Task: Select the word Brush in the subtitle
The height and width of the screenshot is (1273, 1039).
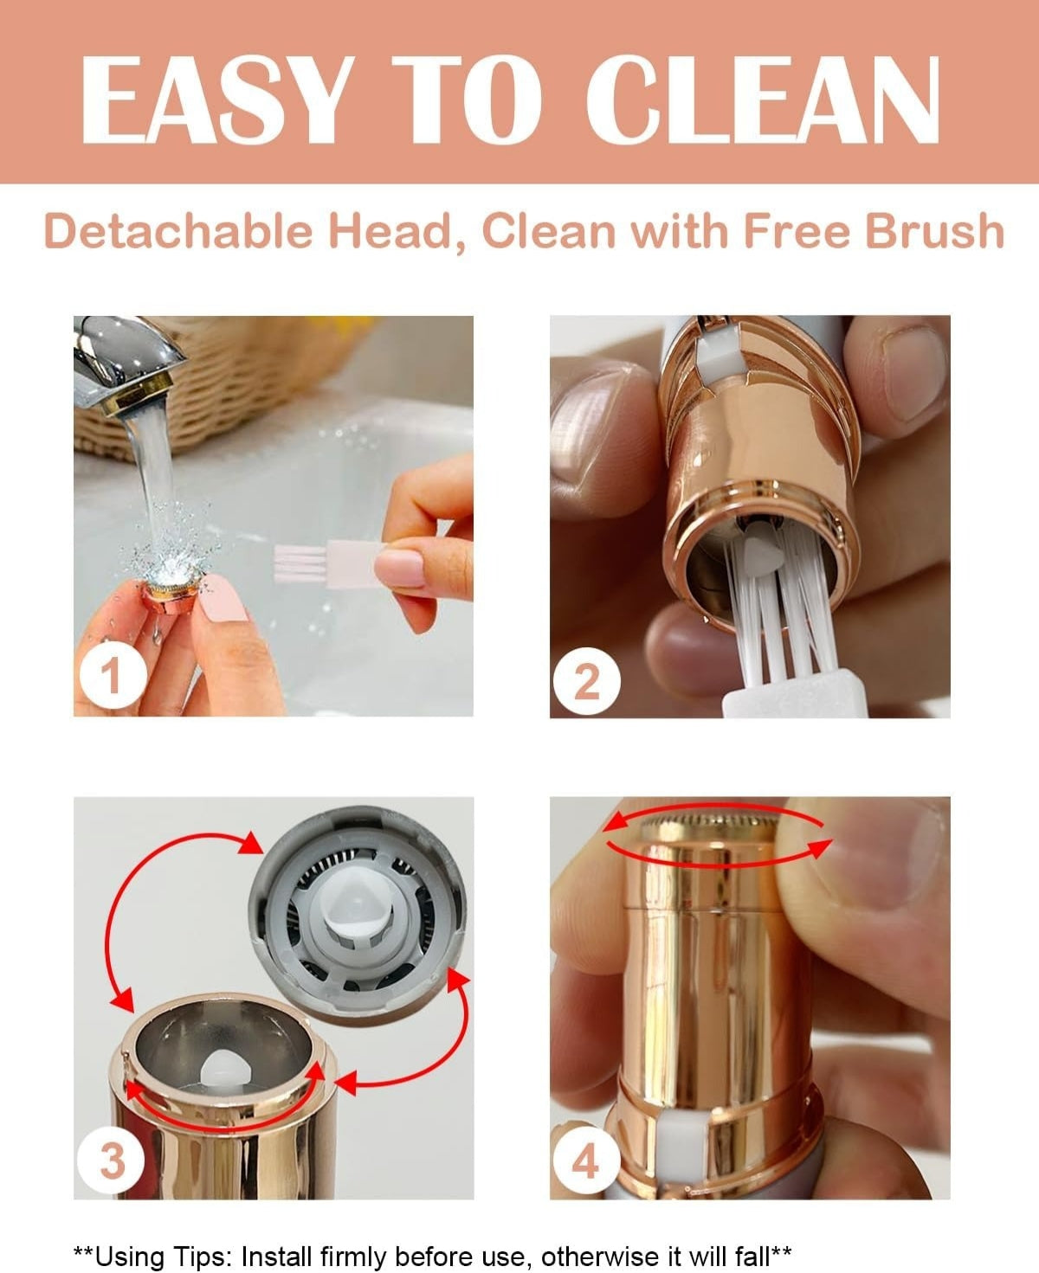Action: pos(935,232)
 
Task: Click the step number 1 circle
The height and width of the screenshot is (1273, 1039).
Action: pos(111,675)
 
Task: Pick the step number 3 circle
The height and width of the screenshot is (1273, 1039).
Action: pos(112,1160)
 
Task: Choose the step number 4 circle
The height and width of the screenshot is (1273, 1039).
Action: pos(586,1160)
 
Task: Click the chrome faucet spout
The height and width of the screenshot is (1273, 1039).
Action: pos(130,355)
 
